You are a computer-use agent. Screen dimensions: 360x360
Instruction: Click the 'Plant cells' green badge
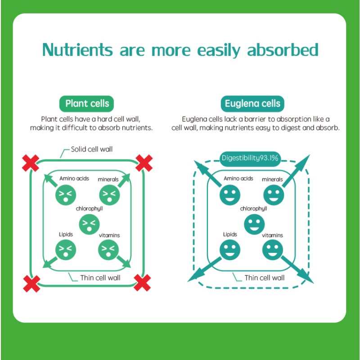(86, 104)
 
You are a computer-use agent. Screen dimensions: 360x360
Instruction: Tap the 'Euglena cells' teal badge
(252, 104)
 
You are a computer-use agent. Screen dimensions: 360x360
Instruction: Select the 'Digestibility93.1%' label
(250, 158)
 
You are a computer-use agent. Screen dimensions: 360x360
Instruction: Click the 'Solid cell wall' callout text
(92, 149)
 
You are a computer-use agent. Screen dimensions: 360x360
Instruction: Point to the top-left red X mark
(31, 163)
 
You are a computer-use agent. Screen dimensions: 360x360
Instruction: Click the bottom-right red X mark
(142, 283)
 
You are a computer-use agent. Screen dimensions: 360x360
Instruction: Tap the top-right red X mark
(144, 163)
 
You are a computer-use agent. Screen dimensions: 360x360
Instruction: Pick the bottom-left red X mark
(31, 284)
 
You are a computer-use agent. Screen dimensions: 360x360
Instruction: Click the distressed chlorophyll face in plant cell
(89, 224)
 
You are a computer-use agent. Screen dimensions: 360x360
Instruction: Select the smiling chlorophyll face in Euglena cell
(254, 224)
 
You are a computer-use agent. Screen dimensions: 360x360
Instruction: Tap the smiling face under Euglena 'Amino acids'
(230, 195)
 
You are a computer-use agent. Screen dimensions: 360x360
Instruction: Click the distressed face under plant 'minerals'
(109, 195)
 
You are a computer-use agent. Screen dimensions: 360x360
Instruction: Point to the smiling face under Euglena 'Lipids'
(230, 250)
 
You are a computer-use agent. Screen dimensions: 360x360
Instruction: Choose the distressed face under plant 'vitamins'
(108, 250)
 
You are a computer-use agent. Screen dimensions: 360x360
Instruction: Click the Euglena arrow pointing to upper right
(296, 171)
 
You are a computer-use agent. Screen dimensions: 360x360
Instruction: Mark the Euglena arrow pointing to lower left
(204, 270)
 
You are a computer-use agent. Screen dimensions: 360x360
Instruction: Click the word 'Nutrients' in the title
(77, 50)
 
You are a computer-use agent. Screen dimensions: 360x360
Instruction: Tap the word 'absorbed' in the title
(283, 50)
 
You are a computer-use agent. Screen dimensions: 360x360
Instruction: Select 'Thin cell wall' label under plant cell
(100, 278)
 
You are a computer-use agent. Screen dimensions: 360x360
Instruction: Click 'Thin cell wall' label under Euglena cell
(264, 278)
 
